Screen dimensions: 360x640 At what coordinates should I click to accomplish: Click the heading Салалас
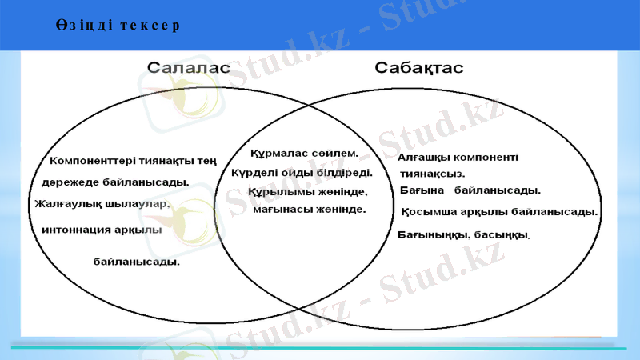coord(189,68)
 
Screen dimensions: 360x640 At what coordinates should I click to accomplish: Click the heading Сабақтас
coord(419,68)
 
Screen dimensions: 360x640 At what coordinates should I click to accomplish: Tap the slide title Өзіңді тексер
coord(118,25)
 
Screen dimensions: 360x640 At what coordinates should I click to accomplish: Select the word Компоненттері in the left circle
coord(92,161)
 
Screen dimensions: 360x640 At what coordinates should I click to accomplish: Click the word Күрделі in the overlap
coord(252,172)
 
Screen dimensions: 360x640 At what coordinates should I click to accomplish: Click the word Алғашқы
coord(425,158)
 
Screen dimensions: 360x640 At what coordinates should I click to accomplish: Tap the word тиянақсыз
coord(433,173)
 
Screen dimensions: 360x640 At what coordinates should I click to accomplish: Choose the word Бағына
coord(422,190)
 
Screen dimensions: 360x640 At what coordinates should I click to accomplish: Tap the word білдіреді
coord(346,172)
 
